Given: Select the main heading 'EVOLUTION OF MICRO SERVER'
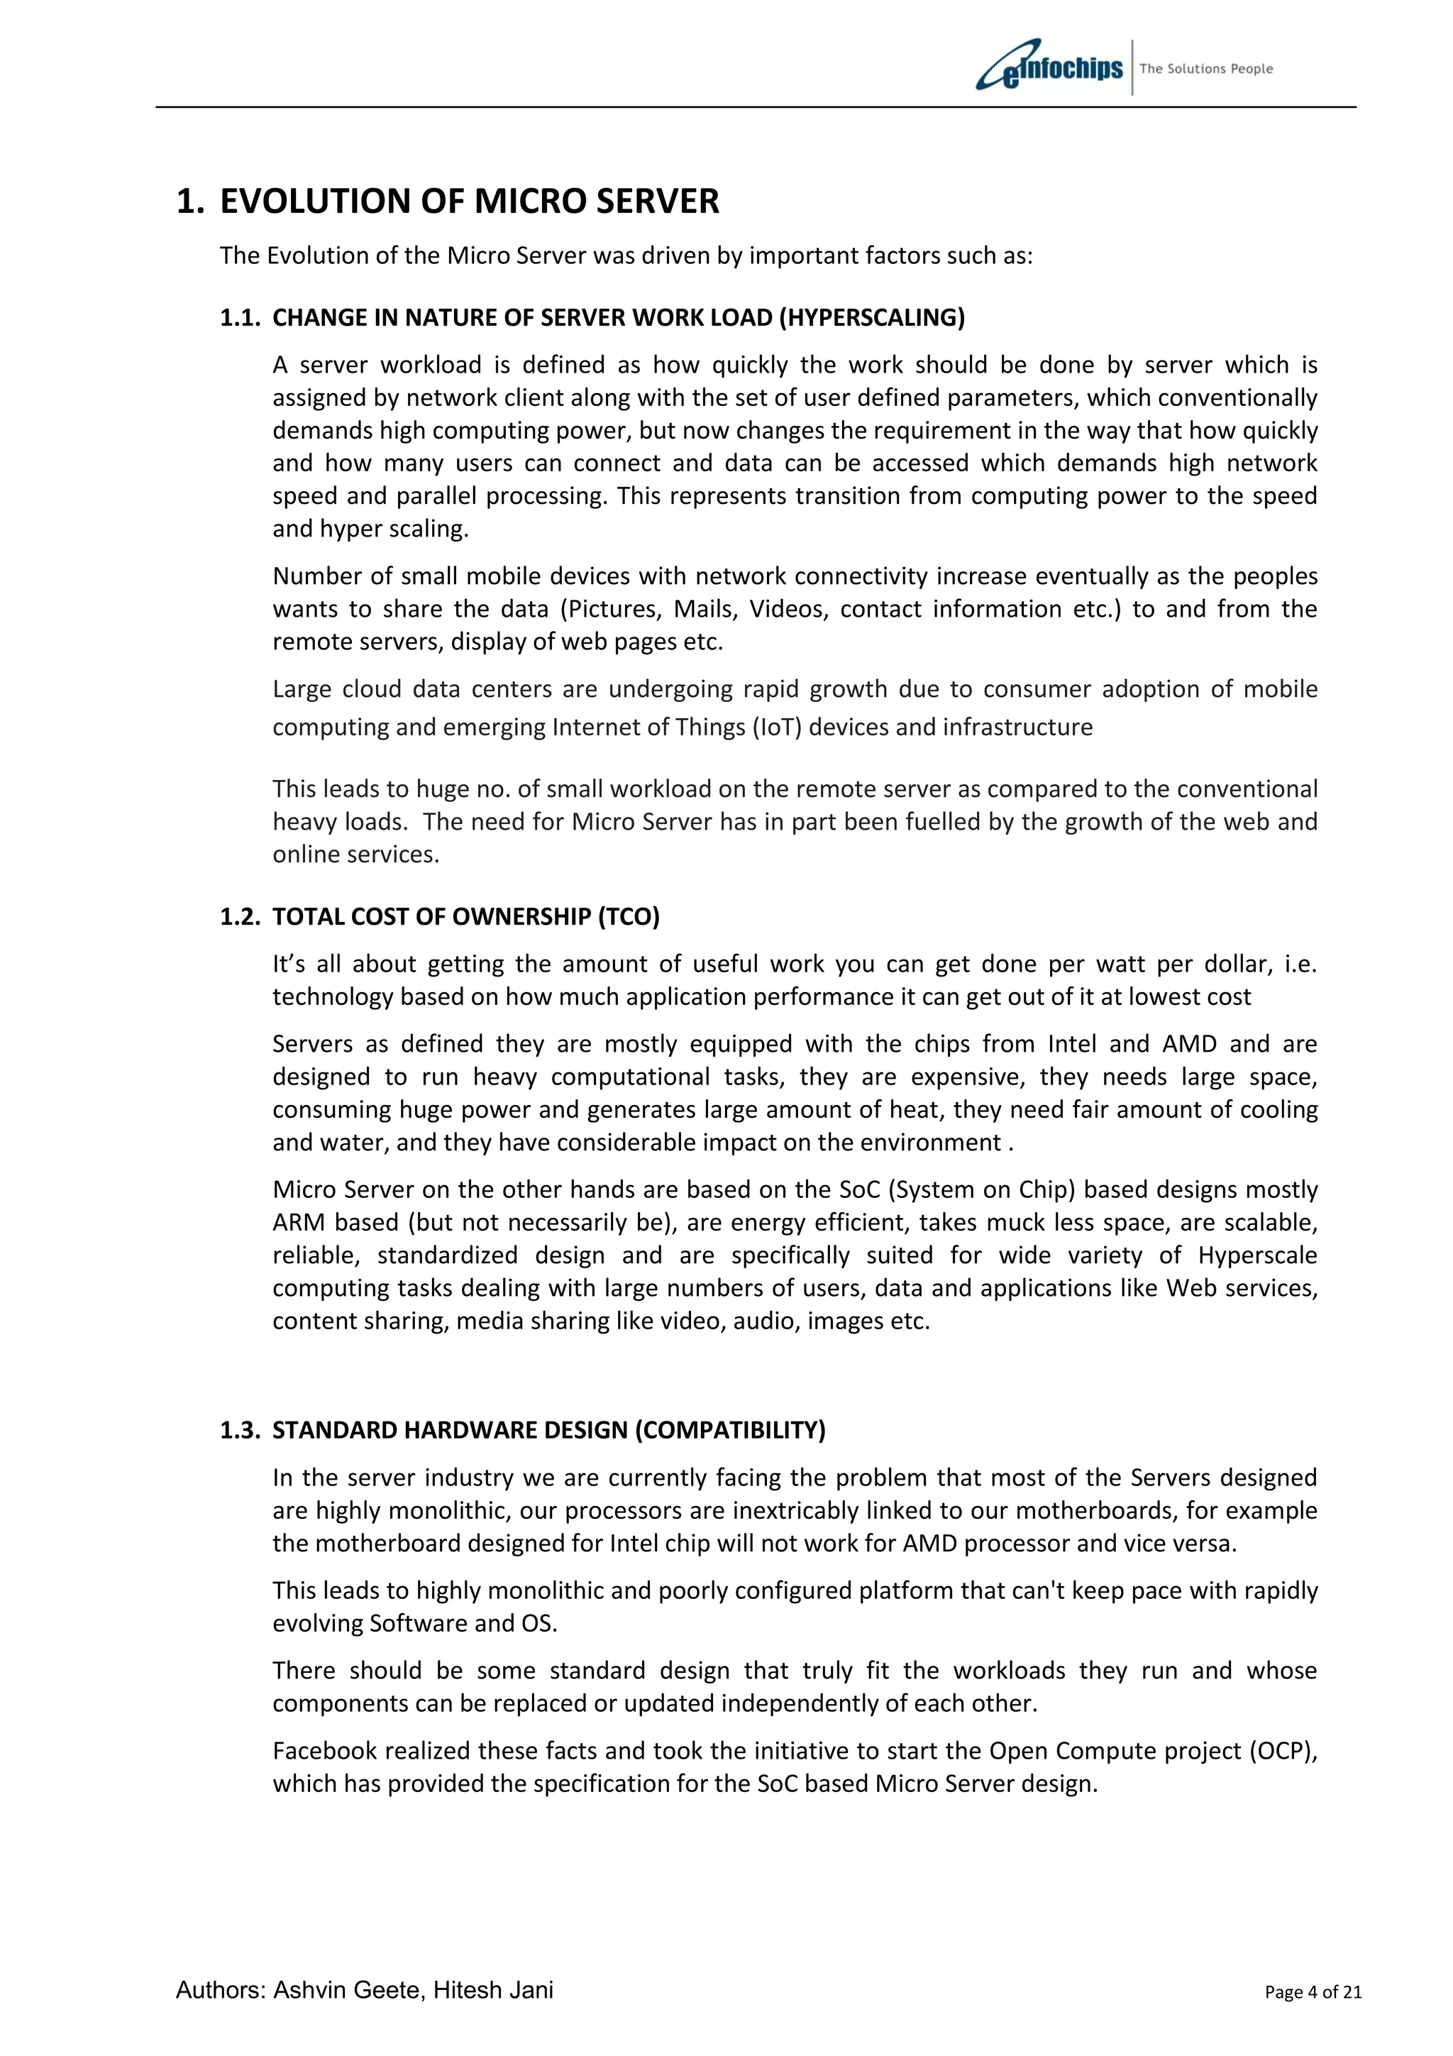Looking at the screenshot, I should [x=469, y=202].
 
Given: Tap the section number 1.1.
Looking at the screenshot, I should [x=240, y=318].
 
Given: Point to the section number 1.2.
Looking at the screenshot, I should [x=240, y=917].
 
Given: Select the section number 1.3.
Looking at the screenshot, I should [x=240, y=1430].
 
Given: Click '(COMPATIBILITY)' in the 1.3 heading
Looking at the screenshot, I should [x=729, y=1430].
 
